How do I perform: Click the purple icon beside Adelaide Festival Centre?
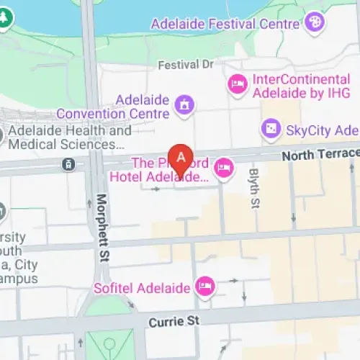(x=315, y=22)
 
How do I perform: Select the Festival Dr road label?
(x=186, y=64)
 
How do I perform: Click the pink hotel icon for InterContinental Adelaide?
(x=237, y=86)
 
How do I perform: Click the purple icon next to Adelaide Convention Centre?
(x=185, y=107)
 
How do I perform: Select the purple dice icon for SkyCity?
(x=270, y=130)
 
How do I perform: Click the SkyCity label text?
(x=322, y=130)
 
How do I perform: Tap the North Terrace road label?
(x=320, y=154)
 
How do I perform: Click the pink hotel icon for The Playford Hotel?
(x=225, y=168)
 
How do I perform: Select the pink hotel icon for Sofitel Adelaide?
(x=206, y=287)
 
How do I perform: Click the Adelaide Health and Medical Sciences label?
(x=70, y=138)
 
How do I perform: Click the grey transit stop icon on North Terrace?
(x=67, y=164)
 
